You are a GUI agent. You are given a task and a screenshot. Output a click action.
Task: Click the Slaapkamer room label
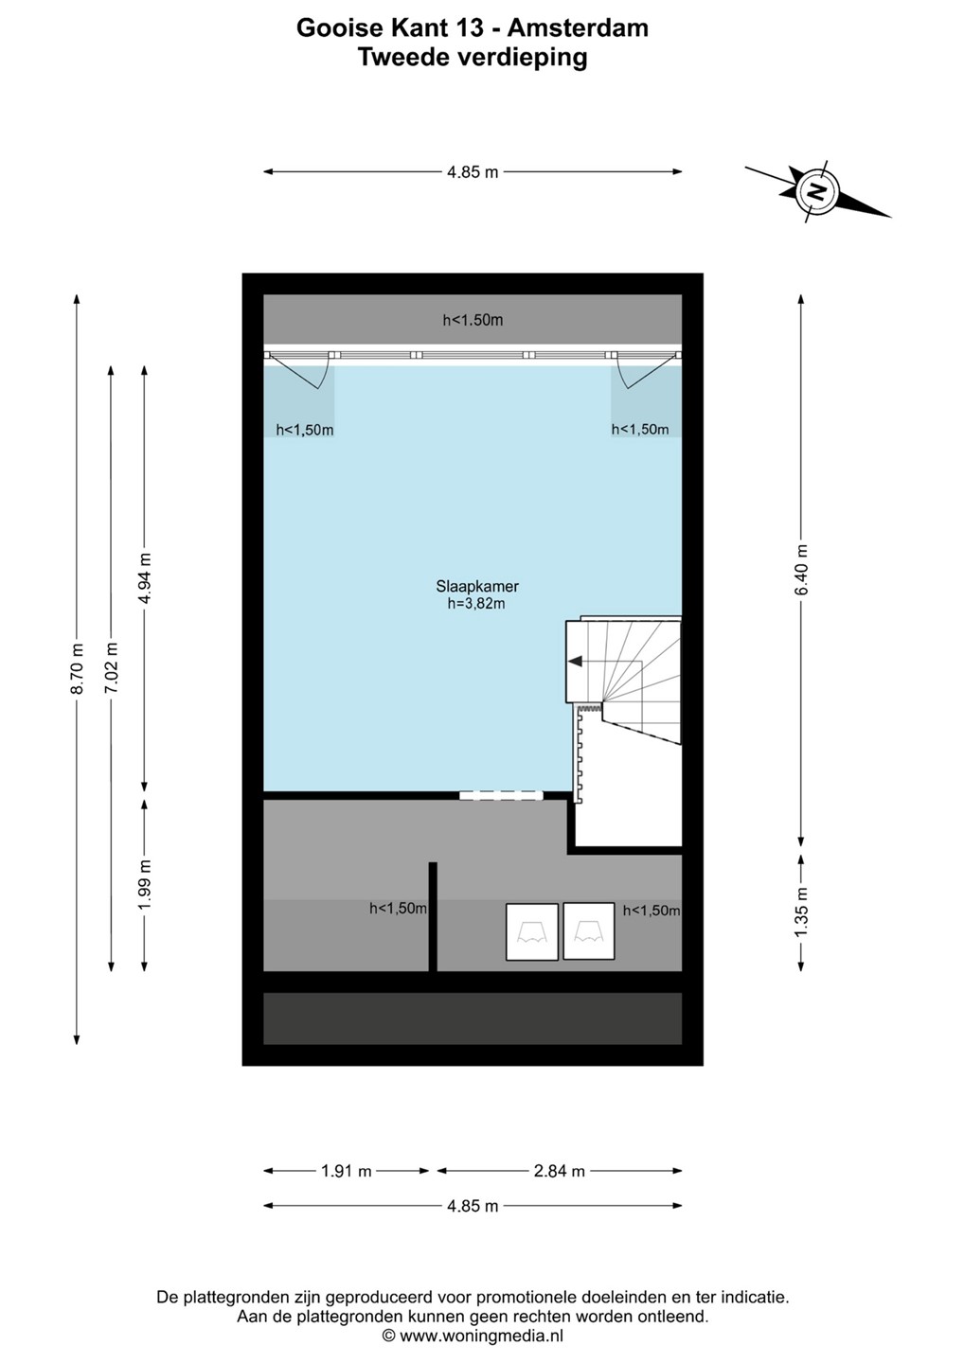(476, 587)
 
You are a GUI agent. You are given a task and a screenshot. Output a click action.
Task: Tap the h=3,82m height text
(476, 604)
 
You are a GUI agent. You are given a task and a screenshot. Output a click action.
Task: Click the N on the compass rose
(816, 191)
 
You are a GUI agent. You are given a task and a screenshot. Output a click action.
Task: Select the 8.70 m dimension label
(77, 668)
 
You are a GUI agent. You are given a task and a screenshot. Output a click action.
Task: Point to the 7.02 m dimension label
(111, 668)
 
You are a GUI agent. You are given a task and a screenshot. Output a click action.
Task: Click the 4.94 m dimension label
(145, 578)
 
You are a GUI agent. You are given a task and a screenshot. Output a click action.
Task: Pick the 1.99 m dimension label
(145, 885)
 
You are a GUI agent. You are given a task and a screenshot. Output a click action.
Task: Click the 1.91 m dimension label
(347, 1172)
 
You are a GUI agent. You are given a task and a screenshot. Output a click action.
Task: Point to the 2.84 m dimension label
(560, 1172)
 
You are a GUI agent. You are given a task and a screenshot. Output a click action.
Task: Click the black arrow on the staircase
(575, 661)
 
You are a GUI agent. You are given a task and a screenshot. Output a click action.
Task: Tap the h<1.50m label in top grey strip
(473, 320)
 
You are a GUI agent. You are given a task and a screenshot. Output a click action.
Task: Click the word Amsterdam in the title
(579, 28)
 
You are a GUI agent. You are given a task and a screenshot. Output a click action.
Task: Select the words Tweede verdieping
(473, 58)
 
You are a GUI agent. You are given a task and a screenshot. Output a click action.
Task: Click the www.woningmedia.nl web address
(482, 1336)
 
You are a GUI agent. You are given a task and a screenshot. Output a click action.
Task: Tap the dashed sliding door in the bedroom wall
(501, 795)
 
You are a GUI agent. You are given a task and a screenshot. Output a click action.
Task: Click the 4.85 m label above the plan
(473, 172)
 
